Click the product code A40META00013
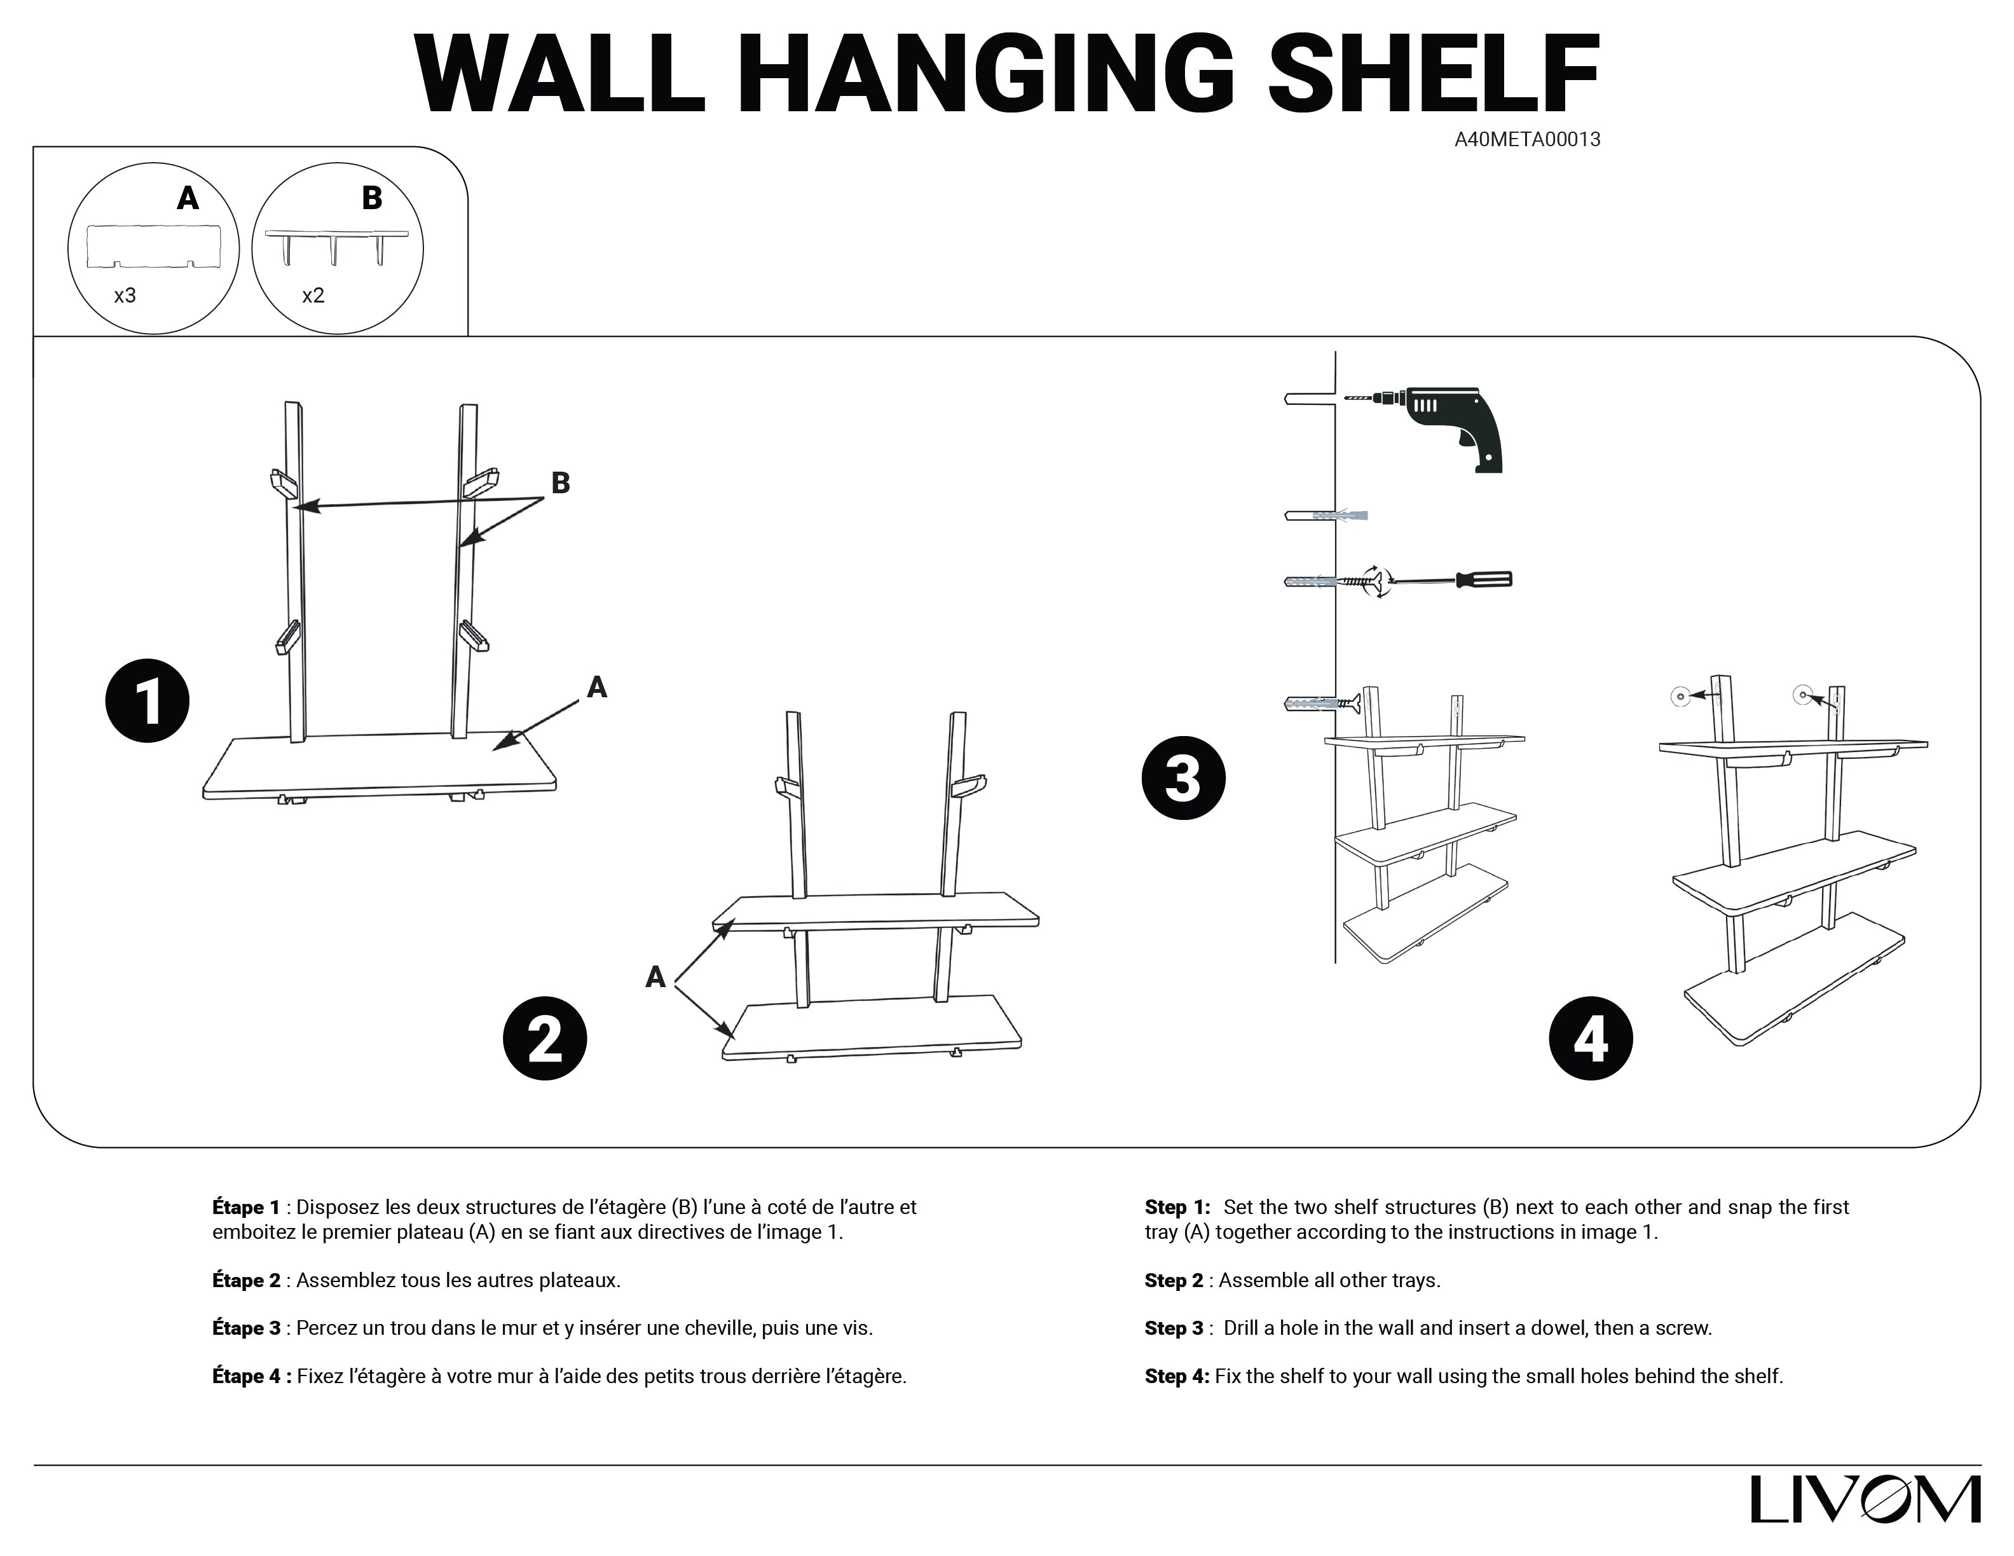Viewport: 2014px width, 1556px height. [x=1527, y=139]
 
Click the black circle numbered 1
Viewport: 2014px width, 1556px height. [x=147, y=700]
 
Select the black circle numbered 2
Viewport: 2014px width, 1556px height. [x=544, y=1038]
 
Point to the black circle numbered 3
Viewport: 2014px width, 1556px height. [x=1183, y=778]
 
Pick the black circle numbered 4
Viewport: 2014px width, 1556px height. [x=1590, y=1038]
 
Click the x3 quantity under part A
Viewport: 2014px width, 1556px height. [x=125, y=296]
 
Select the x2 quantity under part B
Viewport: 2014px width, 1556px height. [x=313, y=296]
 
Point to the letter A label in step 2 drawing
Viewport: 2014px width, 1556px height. [x=655, y=977]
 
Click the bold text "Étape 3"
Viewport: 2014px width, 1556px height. [x=246, y=1328]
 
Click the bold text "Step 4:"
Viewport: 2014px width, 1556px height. [x=1177, y=1376]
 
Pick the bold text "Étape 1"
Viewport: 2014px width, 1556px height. [x=246, y=1208]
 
